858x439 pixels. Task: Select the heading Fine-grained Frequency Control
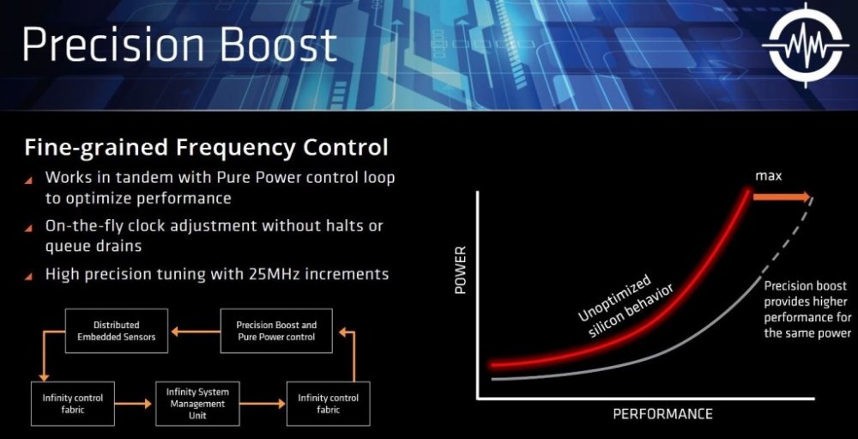coord(205,147)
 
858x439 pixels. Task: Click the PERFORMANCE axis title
coord(662,414)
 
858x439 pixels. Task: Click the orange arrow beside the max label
coord(781,196)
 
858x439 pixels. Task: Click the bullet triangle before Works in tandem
coord(30,180)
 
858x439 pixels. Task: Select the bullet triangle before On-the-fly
coord(30,228)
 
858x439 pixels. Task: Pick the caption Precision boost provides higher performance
coord(805,309)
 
